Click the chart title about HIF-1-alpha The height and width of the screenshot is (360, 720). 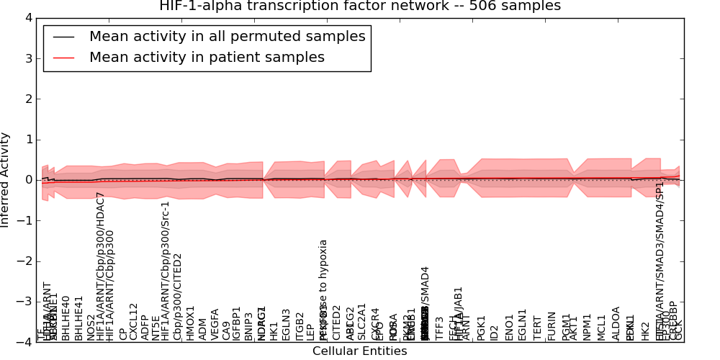pos(359,6)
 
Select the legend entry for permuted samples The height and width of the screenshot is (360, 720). pos(227,36)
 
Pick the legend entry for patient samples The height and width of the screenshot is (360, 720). pos(207,58)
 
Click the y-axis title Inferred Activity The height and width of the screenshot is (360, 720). pos(6,179)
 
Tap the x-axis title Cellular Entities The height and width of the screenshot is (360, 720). pos(359,351)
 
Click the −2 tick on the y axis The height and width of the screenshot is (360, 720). pos(25,261)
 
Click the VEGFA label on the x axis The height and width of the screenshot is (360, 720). pos(215,324)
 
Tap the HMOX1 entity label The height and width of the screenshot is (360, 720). pos(191,323)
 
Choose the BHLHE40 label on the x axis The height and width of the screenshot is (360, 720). pos(66,318)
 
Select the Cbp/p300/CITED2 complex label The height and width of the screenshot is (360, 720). pos(178,296)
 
